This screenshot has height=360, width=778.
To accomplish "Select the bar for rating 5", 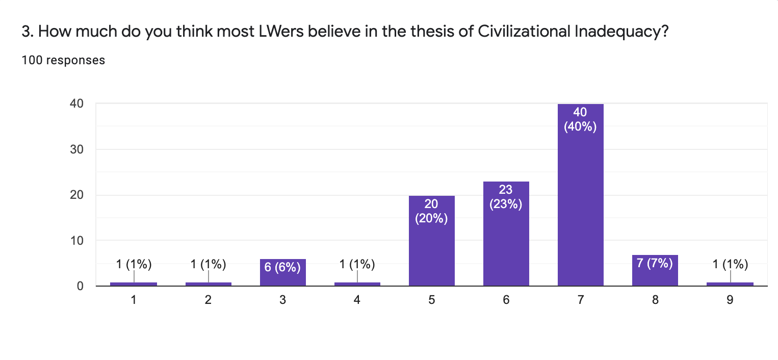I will coord(431,250).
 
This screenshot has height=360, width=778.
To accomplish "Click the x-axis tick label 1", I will coord(134,300).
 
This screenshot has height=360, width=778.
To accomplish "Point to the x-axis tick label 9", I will coord(730,300).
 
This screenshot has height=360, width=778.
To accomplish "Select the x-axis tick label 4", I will coord(357,300).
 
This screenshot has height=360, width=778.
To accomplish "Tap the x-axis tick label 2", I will coord(208,300).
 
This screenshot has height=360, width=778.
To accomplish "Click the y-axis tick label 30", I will coord(77,149).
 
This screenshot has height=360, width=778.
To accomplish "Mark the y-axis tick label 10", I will coord(77,240).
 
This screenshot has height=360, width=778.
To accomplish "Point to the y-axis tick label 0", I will coord(81,286).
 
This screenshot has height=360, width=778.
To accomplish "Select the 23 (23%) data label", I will coord(506,197).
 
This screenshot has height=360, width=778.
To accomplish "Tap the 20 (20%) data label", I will coord(431,212).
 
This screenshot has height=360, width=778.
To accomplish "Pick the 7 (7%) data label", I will coord(655,264).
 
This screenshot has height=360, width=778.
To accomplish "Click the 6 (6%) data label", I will coord(282,267).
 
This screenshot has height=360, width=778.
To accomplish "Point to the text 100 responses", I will coord(64,60).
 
